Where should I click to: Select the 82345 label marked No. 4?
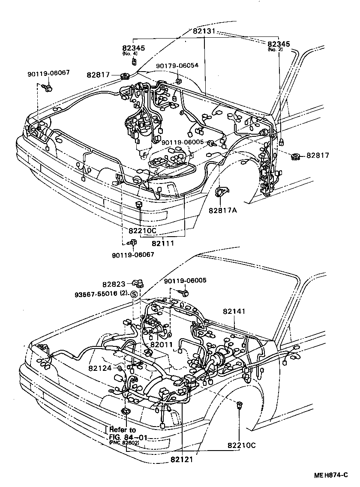(x=134, y=48)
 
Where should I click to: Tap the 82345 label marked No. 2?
(x=279, y=44)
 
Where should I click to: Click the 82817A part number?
(x=223, y=210)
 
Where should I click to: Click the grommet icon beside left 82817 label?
(x=126, y=77)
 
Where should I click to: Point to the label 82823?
(x=114, y=284)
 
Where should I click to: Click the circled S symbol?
(x=133, y=294)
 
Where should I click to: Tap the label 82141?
(x=234, y=311)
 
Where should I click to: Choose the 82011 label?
(x=161, y=344)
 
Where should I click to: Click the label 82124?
(x=100, y=368)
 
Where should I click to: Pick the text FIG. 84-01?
(x=124, y=436)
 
